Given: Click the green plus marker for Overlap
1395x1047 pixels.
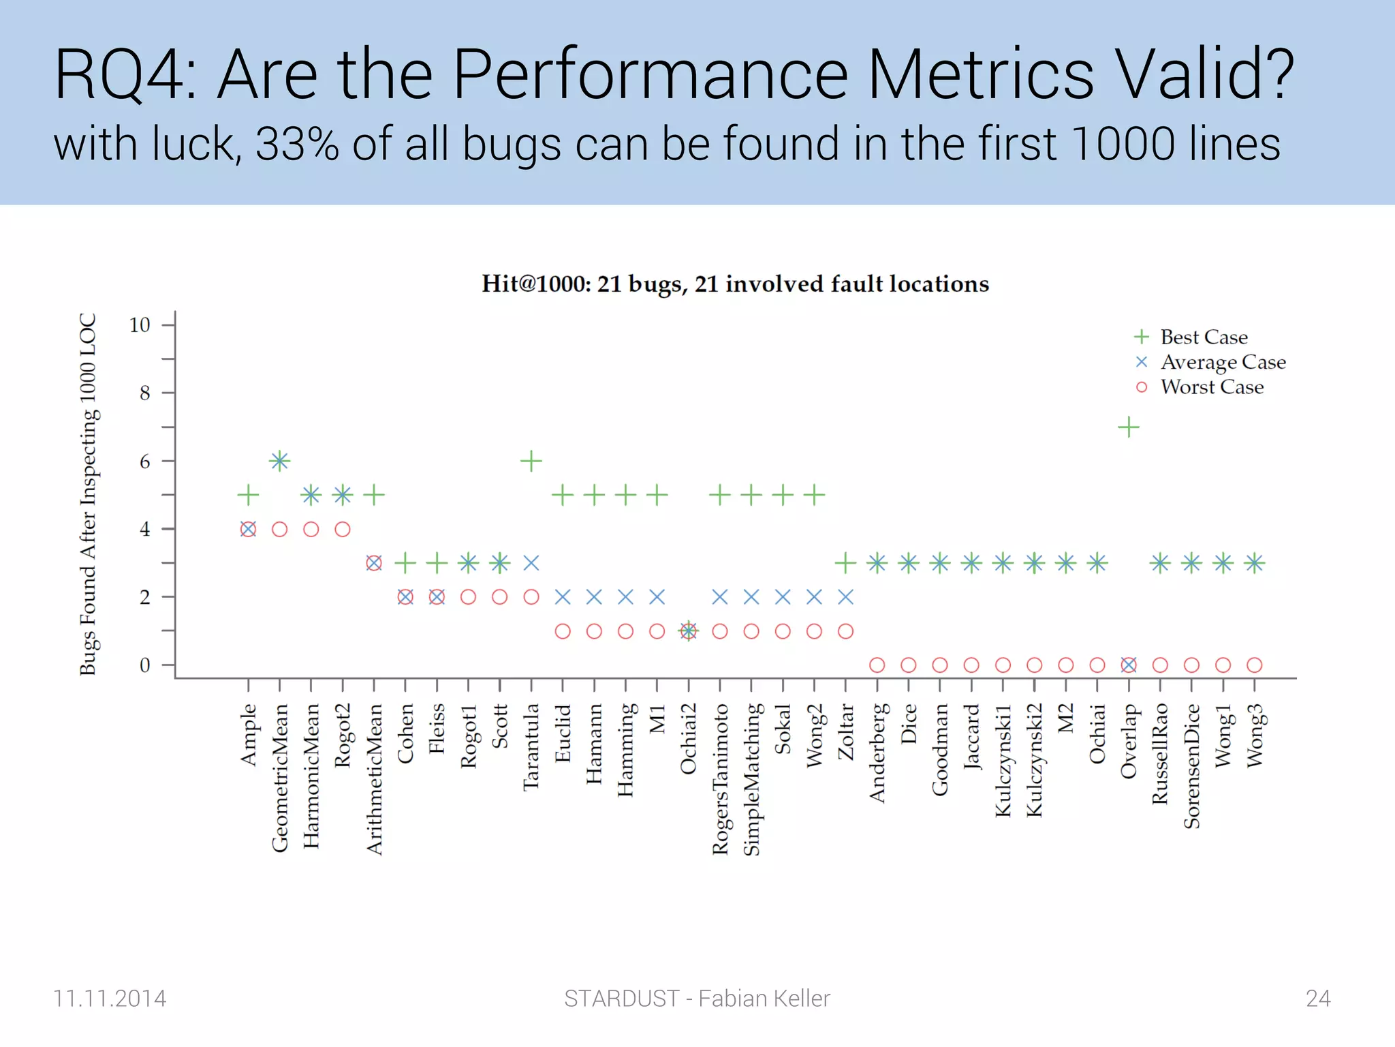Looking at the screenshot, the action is tap(1128, 427).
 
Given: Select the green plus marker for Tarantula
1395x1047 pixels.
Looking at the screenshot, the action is tap(531, 461).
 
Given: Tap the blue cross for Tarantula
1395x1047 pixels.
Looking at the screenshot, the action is tap(531, 563).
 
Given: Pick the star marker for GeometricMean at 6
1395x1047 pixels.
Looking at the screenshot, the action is tap(279, 461).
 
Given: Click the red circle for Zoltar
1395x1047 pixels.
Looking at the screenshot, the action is tap(845, 631).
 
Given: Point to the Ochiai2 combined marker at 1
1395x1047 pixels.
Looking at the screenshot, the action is tap(689, 631).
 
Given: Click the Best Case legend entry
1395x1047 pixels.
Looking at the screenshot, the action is tap(1203, 337).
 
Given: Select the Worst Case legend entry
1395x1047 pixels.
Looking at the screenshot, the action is tap(1211, 387).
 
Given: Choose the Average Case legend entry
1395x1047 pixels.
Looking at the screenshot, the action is tap(1223, 362).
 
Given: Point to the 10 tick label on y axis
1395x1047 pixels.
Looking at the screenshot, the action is tap(140, 325).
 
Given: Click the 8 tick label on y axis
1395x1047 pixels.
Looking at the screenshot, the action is tap(144, 393).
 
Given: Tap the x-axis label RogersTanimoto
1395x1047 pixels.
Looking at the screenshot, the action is tap(720, 779).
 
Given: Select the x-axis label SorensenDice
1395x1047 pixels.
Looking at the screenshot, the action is tap(1191, 766).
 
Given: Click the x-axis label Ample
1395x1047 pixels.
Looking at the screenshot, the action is tap(249, 735).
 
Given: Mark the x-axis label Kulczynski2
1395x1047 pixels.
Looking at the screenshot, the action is tap(1034, 760).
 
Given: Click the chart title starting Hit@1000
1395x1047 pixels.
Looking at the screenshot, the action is tap(735, 284).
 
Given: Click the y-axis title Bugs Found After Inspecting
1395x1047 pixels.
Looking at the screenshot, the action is tap(89, 494).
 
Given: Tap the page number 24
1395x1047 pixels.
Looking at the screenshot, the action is tap(1318, 998).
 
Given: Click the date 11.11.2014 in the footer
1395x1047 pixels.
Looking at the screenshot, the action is tap(110, 998).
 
